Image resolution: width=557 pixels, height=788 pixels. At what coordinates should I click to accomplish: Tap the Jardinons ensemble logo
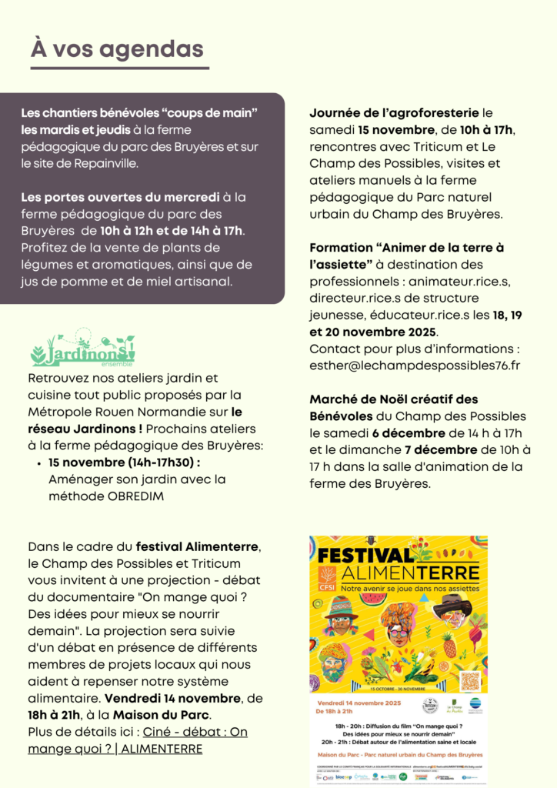click(x=82, y=351)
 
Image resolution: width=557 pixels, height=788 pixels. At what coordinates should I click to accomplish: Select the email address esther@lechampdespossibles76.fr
click(x=415, y=365)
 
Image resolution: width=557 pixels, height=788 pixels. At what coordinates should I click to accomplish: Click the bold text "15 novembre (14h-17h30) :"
click(x=124, y=463)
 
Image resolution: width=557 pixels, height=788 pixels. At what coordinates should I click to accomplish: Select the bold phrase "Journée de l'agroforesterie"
click(x=394, y=113)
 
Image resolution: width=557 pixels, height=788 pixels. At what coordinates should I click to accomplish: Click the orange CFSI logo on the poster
click(x=328, y=576)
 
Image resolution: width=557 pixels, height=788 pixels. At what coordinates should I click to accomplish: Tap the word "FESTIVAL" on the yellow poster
click(x=365, y=556)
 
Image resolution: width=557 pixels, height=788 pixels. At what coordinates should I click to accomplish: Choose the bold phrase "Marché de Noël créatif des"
click(x=394, y=399)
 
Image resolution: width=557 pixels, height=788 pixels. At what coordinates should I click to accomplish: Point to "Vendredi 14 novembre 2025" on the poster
click(x=349, y=703)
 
